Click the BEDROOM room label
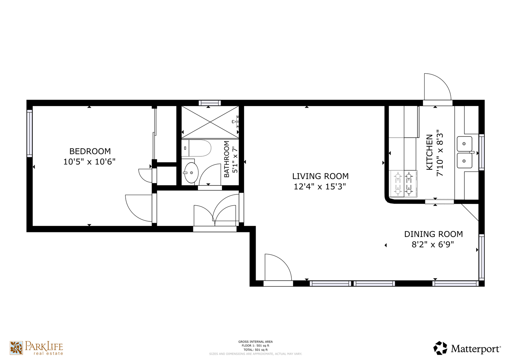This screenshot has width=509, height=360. point(90,151)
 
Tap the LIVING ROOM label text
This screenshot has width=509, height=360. point(320,176)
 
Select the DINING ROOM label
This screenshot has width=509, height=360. point(433,234)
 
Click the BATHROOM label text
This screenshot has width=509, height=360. point(227,159)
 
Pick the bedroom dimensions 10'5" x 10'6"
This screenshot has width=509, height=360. point(89,162)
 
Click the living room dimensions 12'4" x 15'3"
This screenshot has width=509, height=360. point(320,187)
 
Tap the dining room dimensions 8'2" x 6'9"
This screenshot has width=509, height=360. point(433,245)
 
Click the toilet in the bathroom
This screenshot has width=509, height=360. point(196,148)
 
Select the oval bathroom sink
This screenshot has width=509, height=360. point(191,173)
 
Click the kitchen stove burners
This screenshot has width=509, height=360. point(403,184)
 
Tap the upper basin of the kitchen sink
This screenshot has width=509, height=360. point(464,144)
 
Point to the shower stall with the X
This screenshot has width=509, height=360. point(210,122)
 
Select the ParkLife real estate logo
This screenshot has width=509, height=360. point(36,348)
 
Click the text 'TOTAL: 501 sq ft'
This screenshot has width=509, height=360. point(255,350)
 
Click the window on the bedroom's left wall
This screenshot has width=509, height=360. point(30,133)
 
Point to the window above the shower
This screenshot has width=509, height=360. point(210,103)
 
